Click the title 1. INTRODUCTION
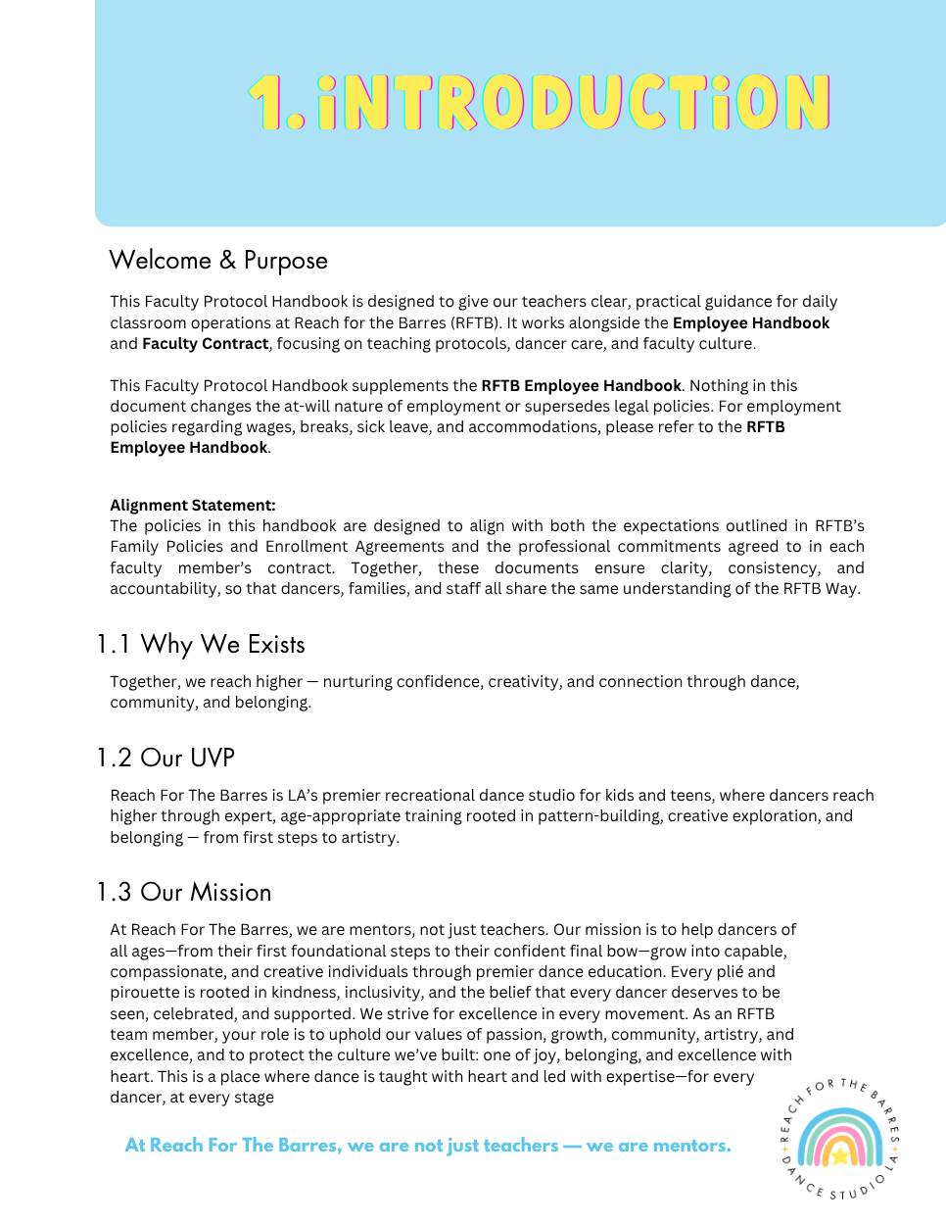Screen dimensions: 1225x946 (x=540, y=103)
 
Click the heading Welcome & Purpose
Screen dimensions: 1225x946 (x=218, y=261)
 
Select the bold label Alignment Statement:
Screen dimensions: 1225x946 (x=193, y=506)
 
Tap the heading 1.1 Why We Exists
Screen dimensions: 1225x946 (x=201, y=645)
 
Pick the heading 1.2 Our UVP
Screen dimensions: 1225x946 (x=166, y=759)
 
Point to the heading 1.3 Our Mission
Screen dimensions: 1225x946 (x=184, y=893)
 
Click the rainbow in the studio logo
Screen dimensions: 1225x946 (x=840, y=1138)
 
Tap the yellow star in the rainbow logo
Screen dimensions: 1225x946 (x=840, y=1155)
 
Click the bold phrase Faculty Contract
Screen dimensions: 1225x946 (x=205, y=344)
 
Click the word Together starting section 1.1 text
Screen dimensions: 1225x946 (x=145, y=682)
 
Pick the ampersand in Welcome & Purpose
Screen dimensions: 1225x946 (x=227, y=261)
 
